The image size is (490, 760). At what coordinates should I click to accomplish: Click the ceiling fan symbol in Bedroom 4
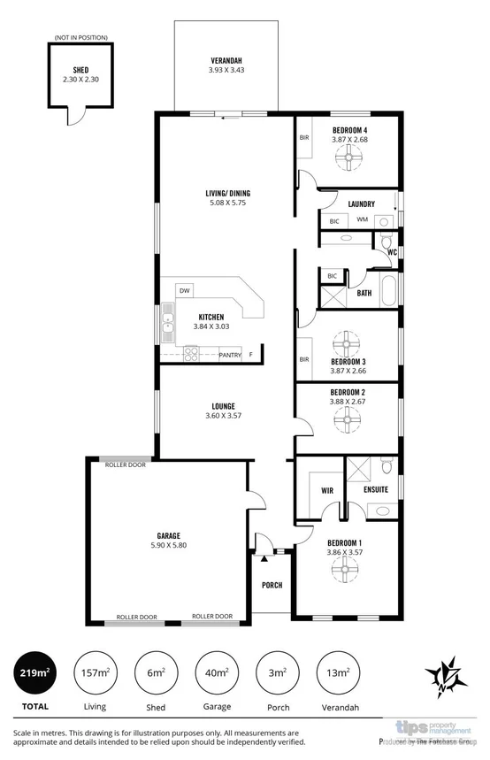[x=349, y=159]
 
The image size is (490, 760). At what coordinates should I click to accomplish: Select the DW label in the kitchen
[x=185, y=290]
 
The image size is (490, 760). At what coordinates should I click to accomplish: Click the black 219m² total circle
[x=34, y=673]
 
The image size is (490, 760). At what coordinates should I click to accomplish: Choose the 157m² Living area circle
[x=95, y=673]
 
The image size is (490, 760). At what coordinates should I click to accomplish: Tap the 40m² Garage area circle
[x=217, y=673]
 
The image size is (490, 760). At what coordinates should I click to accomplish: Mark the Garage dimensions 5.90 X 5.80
[x=169, y=547]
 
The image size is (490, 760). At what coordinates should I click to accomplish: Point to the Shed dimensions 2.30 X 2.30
[x=80, y=80]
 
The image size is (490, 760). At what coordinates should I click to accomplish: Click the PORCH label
[x=272, y=586]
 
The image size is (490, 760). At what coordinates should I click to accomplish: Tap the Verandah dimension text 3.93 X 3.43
[x=226, y=70]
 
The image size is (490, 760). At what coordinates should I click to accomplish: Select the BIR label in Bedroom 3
[x=304, y=359]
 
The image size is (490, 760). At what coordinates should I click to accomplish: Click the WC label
[x=391, y=251]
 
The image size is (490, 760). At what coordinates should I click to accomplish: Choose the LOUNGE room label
[x=198, y=406]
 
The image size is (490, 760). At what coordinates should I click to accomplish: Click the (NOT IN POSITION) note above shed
[x=80, y=37]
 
